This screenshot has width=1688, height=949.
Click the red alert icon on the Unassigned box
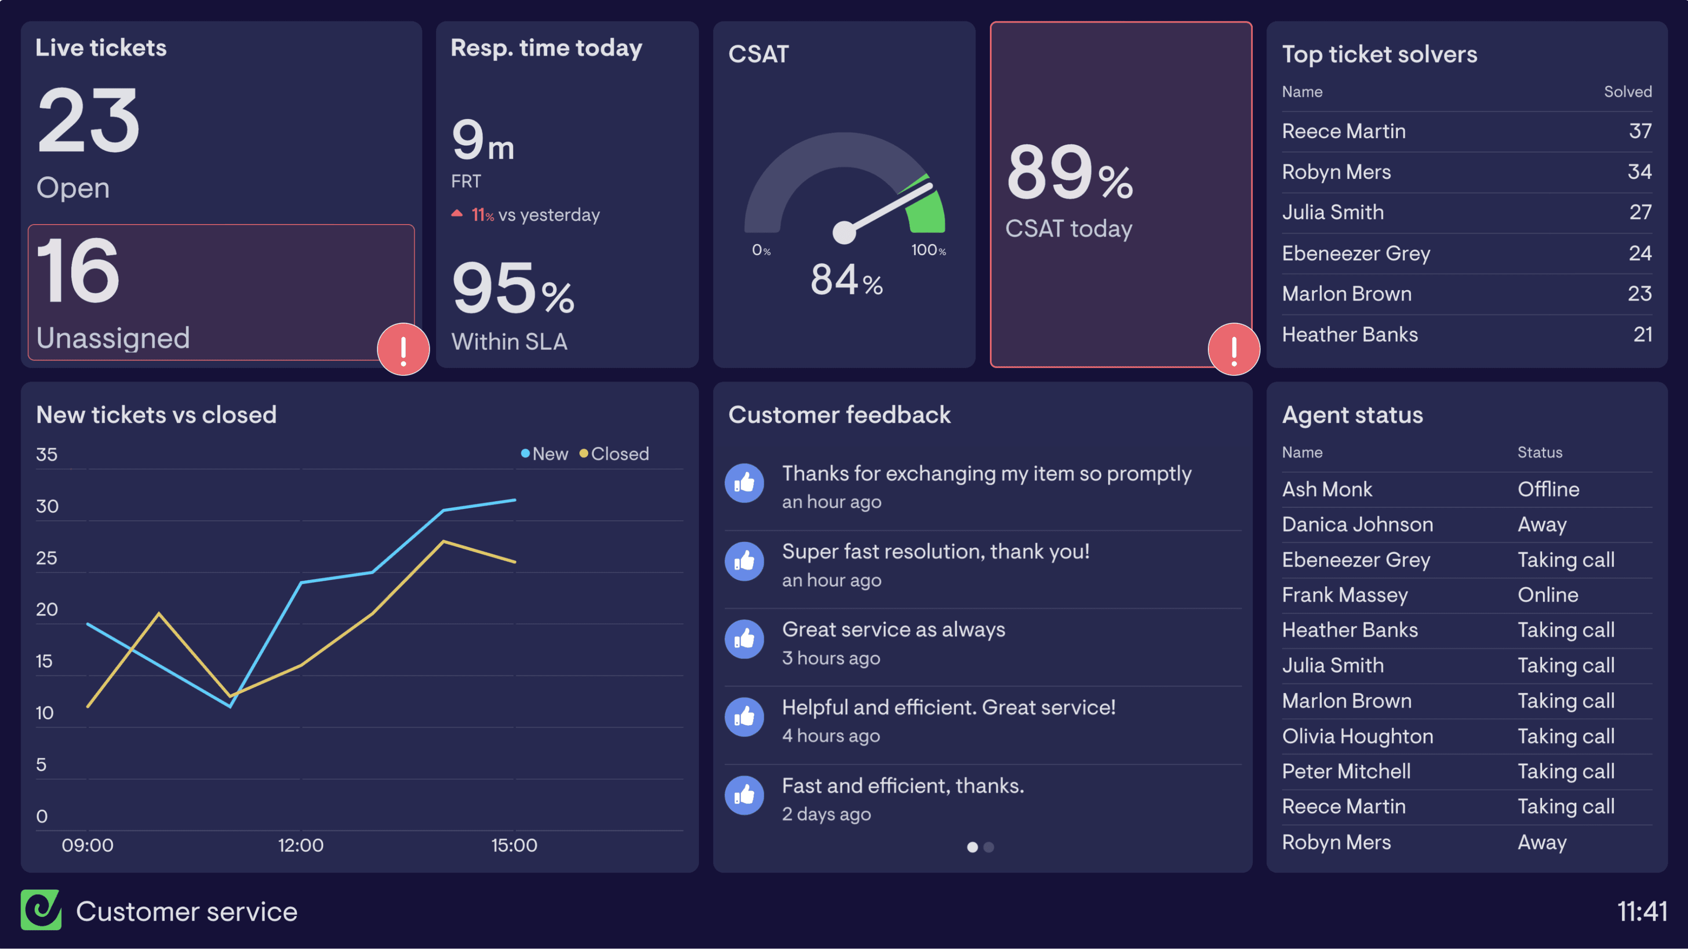[403, 349]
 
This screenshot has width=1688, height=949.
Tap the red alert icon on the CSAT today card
[1233, 349]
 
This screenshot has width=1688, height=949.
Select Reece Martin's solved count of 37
[1640, 131]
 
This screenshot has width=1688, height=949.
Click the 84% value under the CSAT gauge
[846, 280]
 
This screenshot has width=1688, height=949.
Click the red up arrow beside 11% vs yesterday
[457, 214]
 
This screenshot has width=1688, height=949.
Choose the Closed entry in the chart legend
[614, 454]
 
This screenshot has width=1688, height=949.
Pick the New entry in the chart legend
[545, 454]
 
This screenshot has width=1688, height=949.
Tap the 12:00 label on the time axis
[301, 845]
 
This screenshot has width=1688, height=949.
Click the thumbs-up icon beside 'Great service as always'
[744, 639]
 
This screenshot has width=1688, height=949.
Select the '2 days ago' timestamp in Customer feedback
[826, 814]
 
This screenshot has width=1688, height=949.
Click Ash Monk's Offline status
[1548, 490]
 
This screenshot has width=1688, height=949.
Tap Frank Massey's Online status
[1548, 595]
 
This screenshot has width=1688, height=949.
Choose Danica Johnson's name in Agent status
[1357, 524]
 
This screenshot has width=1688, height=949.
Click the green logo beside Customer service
[40, 910]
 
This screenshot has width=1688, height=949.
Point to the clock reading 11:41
[1641, 911]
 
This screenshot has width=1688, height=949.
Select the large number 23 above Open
[88, 120]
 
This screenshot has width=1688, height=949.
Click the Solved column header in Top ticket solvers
[1627, 92]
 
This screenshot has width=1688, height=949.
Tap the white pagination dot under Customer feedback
[972, 847]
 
